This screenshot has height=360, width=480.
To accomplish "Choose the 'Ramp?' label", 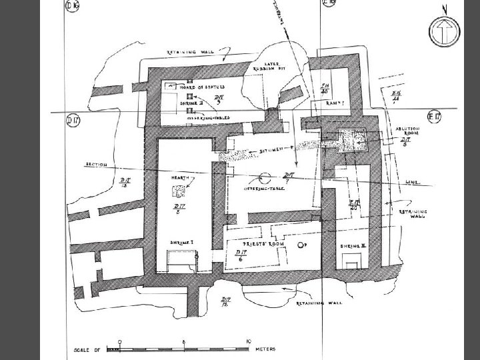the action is pos(334,103).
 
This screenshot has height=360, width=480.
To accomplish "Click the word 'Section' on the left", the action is pos(96,165).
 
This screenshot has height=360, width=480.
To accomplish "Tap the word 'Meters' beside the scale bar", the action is pos(263,348).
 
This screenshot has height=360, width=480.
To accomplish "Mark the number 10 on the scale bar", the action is pos(247,341).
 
